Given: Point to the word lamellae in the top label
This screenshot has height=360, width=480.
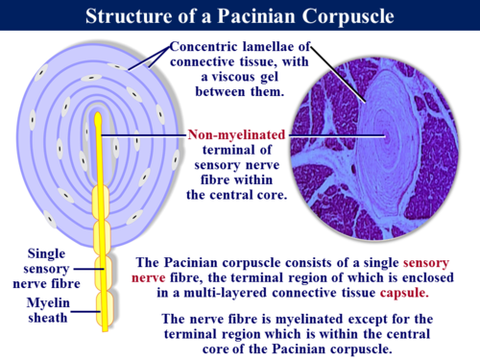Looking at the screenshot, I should (x=290, y=48).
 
